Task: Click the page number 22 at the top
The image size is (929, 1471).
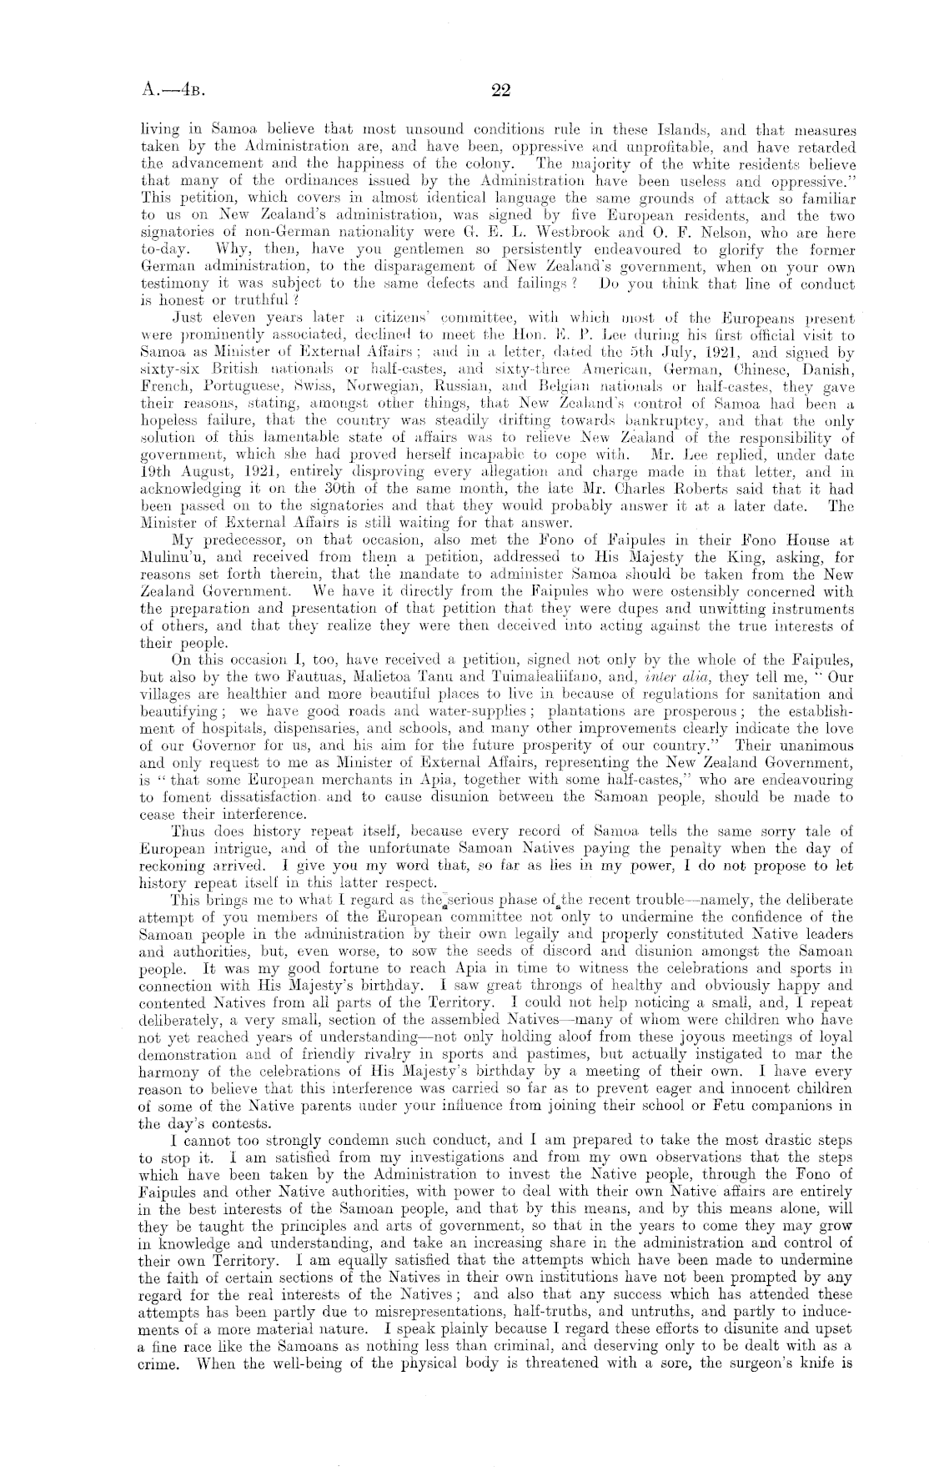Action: (500, 91)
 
